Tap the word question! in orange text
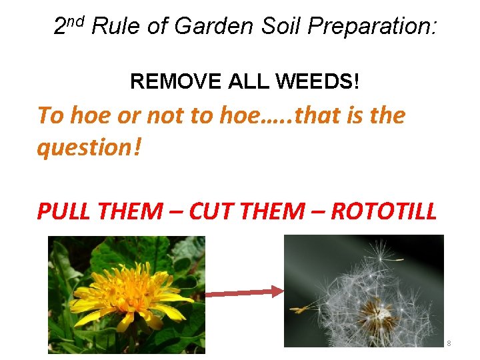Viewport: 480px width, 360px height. pos(89,148)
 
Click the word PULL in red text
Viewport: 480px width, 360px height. pos(65,211)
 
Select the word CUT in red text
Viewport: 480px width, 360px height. pos(212,211)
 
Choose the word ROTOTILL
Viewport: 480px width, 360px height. pos(384,211)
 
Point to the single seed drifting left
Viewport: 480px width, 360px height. pos(304,308)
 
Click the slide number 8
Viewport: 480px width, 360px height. pos(449,343)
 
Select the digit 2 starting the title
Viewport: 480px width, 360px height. pos(60,27)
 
